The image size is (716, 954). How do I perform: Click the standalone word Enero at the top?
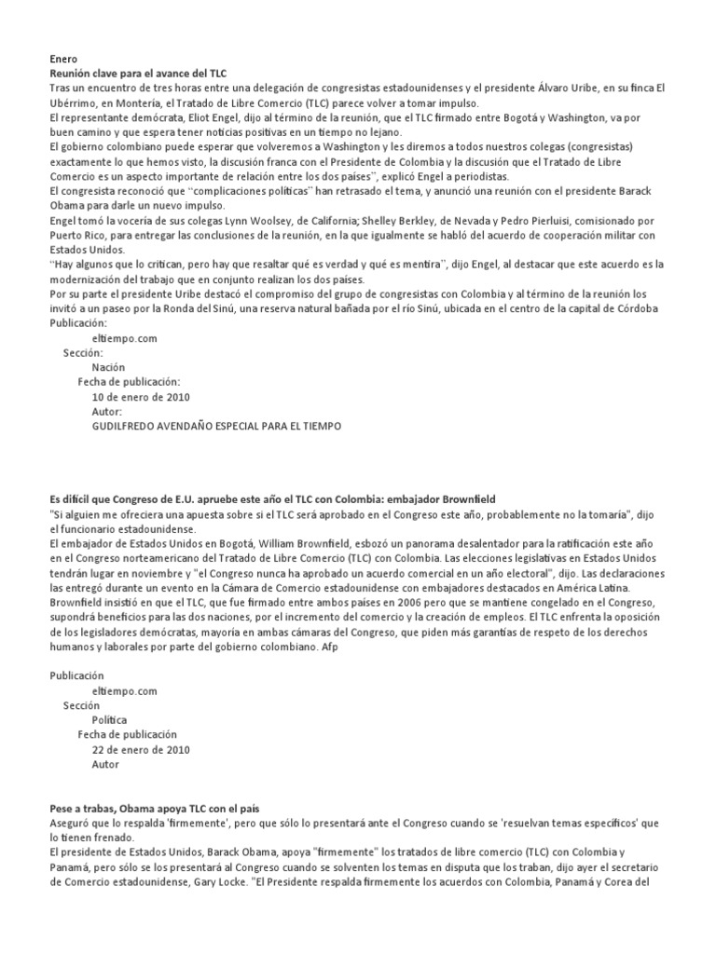(x=63, y=58)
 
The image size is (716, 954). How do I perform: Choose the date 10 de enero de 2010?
(x=141, y=397)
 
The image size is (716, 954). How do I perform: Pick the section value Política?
(x=110, y=720)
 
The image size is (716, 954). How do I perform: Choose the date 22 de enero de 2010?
(x=141, y=750)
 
